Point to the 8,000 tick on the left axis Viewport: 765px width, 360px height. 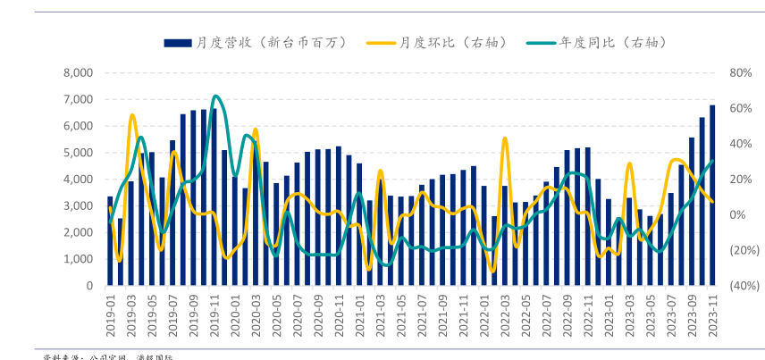click(79, 72)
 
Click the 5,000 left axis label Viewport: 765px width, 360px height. click(79, 153)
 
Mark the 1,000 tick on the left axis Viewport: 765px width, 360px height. click(79, 259)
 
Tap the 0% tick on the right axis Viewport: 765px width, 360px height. click(737, 214)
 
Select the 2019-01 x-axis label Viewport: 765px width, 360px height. click(111, 316)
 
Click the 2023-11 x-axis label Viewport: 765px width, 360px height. click(712, 316)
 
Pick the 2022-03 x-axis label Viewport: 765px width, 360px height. click(505, 316)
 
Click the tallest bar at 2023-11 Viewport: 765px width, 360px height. click(712, 197)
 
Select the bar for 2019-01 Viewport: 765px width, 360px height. click(110, 241)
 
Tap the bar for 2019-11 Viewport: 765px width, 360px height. click(214, 197)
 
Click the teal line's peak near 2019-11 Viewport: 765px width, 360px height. click(215, 96)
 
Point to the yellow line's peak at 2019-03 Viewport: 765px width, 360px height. click(131, 115)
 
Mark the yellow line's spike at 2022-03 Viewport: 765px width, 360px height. click(505, 138)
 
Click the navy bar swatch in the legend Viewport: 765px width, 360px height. click(178, 42)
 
